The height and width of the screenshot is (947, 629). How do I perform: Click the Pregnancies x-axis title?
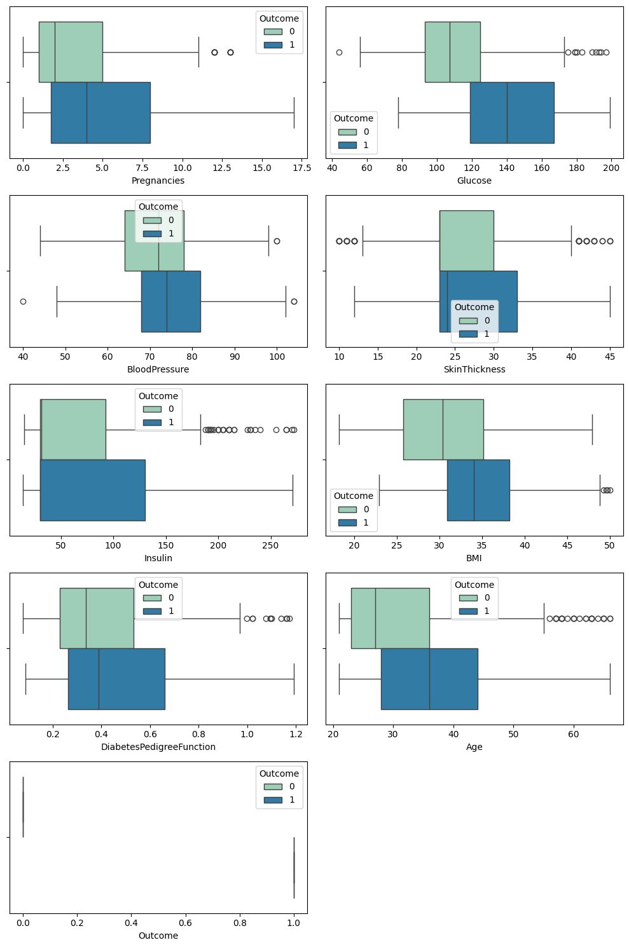coord(158,181)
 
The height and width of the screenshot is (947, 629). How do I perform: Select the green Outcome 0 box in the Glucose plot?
coord(452,52)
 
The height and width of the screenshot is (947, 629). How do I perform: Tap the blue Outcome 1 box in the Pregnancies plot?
coord(100,112)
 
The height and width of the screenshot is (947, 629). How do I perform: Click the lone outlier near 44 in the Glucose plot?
coord(339,52)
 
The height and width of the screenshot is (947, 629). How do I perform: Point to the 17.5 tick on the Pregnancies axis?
coord(294,168)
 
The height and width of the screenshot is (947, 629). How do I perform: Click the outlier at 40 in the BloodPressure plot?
coord(23,301)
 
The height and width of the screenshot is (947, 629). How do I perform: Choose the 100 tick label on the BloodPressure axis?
coord(277,357)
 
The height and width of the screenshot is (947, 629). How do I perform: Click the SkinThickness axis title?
coord(474,369)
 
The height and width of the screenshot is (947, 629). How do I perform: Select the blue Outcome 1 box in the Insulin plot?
coord(92,490)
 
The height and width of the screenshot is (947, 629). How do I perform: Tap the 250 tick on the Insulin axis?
coord(270,545)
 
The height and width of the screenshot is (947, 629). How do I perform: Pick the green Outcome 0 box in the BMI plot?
coord(443,430)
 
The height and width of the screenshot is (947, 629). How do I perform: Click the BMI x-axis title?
coord(474,558)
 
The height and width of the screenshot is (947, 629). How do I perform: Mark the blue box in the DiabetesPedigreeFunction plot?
coord(116,679)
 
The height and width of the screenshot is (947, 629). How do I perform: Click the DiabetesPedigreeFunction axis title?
coord(158,747)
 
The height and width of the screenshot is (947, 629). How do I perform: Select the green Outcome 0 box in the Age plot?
coord(390,618)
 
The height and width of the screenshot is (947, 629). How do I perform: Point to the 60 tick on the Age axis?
coord(574,734)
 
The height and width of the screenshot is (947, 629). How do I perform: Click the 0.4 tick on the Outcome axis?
coord(131,923)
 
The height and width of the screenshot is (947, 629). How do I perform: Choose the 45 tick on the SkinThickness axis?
coord(610,357)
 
